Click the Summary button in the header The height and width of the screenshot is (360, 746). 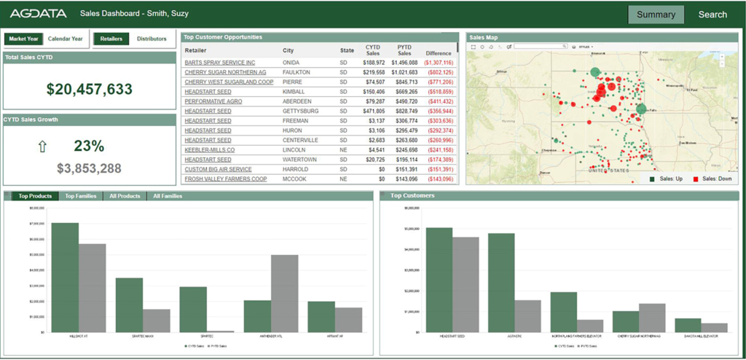656,15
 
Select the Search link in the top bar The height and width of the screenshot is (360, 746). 712,15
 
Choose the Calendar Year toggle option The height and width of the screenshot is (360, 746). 66,39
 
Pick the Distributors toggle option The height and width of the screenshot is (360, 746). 152,39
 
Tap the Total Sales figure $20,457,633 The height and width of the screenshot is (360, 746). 90,90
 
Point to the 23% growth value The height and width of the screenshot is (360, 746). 89,146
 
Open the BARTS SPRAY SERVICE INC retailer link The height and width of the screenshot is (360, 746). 219,63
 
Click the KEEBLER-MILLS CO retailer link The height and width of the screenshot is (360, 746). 210,149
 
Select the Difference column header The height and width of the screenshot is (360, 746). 439,53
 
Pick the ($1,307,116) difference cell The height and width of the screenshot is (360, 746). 439,63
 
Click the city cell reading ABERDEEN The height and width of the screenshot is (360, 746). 297,101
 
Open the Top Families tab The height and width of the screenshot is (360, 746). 81,196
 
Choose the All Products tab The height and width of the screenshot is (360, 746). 124,196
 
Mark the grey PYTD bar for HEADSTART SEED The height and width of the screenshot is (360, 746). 466,284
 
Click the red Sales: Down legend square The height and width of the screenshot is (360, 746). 695,179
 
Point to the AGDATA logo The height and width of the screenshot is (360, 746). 38,14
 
